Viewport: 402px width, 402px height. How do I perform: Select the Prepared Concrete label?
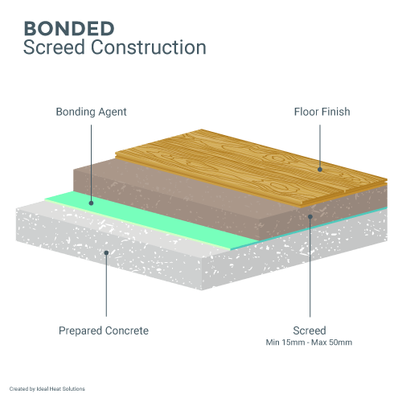[104, 330]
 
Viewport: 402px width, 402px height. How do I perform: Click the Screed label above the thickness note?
[310, 330]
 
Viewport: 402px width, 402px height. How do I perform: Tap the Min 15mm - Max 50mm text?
[310, 343]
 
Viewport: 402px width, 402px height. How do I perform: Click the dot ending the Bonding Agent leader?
[91, 204]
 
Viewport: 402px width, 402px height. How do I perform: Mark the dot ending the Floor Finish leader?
[320, 169]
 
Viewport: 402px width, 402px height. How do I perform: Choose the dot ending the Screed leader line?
[310, 215]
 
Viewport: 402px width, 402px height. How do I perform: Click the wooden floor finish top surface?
[241, 165]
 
